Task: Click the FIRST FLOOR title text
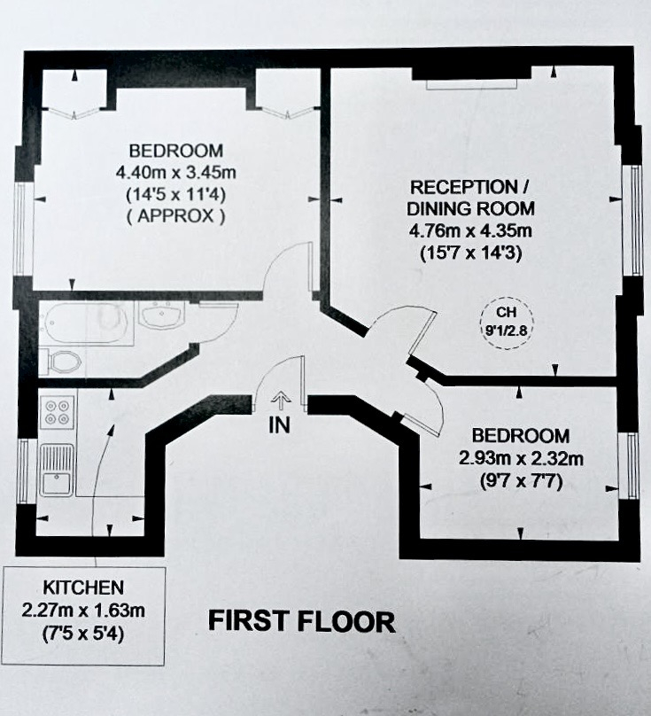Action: (302, 621)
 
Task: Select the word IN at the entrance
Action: (279, 425)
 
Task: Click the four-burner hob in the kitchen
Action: (57, 412)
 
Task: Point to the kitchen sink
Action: (57, 471)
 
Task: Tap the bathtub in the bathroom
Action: (86, 323)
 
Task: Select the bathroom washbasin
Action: (161, 315)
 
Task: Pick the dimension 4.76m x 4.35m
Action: (470, 230)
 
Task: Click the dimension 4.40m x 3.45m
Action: (175, 173)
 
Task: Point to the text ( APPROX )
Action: (175, 215)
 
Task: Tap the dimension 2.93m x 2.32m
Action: (521, 458)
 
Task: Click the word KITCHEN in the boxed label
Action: (83, 588)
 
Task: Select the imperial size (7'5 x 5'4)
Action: (83, 634)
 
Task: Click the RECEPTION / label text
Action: (469, 187)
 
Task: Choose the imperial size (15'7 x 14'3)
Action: (470, 253)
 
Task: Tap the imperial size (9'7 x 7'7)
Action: (521, 480)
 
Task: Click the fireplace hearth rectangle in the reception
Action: (472, 84)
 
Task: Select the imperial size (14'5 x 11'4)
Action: (175, 195)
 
